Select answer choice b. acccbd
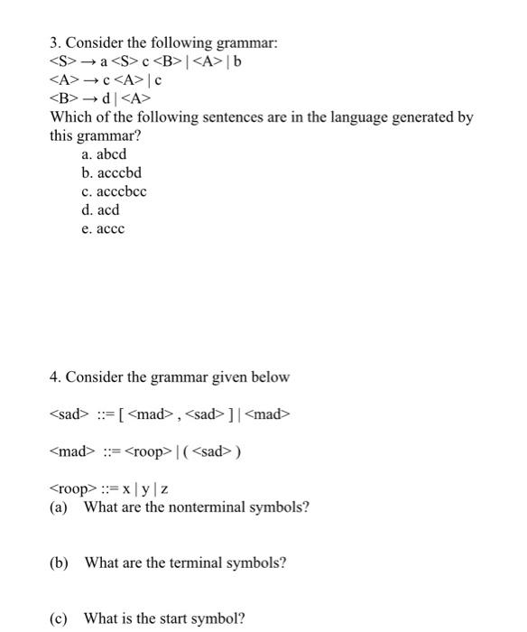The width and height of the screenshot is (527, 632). pos(111,172)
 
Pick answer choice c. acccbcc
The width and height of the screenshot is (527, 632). pos(114,191)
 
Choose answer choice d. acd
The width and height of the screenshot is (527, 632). pos(100,209)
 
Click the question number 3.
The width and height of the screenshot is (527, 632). pos(54,43)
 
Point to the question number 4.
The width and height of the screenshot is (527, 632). pos(54,376)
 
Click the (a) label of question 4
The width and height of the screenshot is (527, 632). pos(59,507)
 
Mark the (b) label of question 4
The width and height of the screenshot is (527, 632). pos(59,562)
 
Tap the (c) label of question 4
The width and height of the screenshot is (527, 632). pos(59,618)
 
